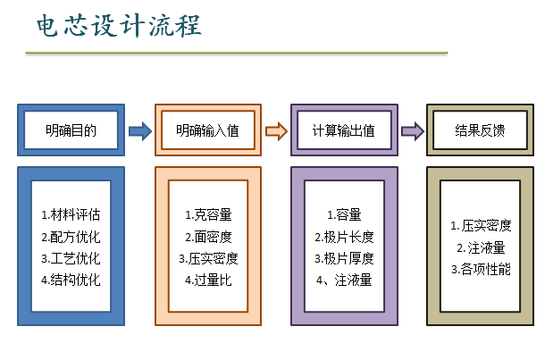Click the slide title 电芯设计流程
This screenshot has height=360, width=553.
[x=119, y=26]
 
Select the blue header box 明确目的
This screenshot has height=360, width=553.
[x=71, y=130]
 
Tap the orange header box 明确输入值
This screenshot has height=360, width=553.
[x=207, y=130]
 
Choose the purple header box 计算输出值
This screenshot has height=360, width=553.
[x=344, y=130]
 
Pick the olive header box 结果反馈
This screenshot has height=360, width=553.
[x=480, y=130]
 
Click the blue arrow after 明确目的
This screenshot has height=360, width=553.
[x=140, y=131]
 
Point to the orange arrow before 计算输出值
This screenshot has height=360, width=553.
[x=277, y=131]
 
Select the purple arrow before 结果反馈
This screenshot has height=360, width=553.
[x=412, y=131]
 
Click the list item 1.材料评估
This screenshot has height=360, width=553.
[x=71, y=214]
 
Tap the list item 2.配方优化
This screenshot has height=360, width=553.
[x=71, y=237]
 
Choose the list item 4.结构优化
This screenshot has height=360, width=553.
[x=71, y=280]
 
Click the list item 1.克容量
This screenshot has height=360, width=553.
[x=207, y=214]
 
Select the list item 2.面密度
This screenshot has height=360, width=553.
[x=207, y=237]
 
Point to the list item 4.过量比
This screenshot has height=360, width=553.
[x=207, y=280]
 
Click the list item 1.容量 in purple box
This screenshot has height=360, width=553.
[x=344, y=214]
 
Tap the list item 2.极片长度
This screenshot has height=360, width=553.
[x=344, y=237]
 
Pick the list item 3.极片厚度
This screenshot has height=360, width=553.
[x=344, y=258]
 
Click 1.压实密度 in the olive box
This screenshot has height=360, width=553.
[x=481, y=226]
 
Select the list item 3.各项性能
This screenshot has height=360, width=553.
[x=481, y=269]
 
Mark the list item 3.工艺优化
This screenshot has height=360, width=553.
[x=71, y=258]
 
